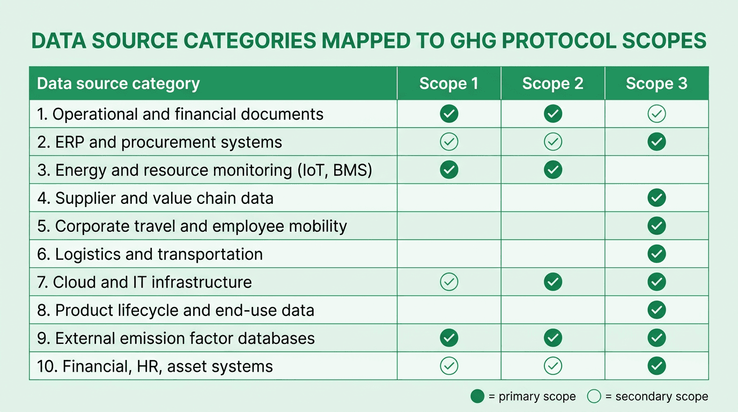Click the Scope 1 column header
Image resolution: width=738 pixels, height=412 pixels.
(448, 84)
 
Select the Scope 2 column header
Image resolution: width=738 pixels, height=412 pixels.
(552, 84)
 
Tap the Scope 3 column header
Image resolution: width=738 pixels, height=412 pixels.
(656, 84)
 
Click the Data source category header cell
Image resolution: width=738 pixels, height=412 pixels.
(119, 84)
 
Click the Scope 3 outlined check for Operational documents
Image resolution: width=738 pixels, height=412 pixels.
(656, 114)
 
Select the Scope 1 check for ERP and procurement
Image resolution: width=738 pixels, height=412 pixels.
(449, 142)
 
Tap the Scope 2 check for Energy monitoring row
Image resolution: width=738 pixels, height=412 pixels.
(553, 170)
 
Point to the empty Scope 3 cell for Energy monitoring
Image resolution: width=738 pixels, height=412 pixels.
(656, 170)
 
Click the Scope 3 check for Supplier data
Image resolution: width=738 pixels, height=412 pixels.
(656, 198)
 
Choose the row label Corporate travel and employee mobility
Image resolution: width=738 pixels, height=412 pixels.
(192, 226)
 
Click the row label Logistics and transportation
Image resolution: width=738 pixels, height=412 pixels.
(150, 254)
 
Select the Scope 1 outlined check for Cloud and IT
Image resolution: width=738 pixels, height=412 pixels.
(449, 282)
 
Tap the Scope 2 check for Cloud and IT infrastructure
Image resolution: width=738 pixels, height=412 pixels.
(553, 282)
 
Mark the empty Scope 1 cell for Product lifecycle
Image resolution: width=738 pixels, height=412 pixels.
(449, 310)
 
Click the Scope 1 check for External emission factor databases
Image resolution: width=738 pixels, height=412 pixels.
(449, 338)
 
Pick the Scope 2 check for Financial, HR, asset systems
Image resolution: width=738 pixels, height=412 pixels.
(553, 366)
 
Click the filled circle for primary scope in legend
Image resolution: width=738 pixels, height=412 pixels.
(477, 396)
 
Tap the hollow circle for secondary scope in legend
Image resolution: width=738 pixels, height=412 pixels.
(594, 396)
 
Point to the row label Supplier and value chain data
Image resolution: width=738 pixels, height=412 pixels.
(156, 198)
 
